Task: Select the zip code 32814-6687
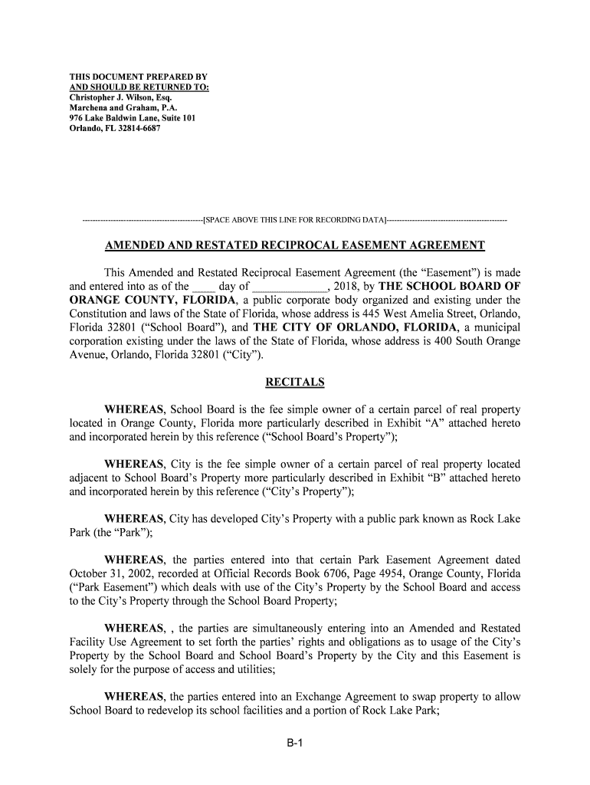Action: pos(135,128)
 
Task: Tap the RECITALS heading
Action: pos(295,382)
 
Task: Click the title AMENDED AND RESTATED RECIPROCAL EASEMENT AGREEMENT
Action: pos(295,245)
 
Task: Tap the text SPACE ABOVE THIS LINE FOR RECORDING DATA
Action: pos(295,221)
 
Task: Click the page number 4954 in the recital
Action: pos(392,573)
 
